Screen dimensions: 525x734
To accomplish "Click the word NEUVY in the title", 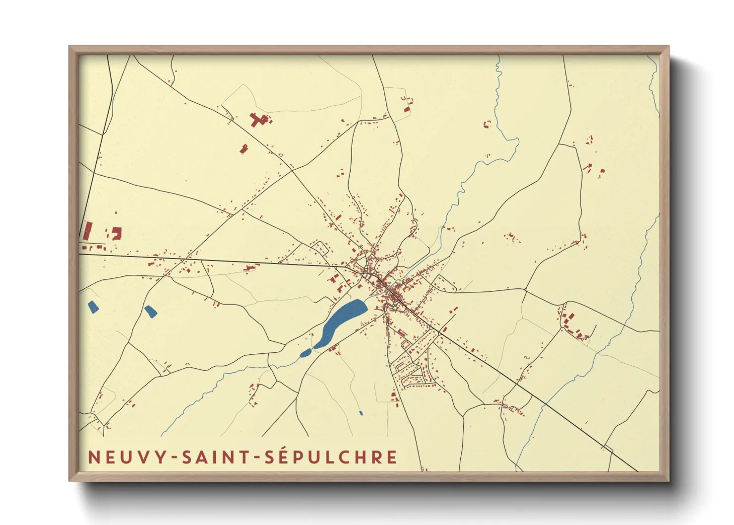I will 126,457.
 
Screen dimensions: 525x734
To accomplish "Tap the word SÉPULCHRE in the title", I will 331,457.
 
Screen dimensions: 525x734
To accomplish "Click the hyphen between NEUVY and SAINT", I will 174,458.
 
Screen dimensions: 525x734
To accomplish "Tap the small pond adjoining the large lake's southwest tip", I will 306,353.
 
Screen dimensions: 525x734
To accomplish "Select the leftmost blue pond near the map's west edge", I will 93,307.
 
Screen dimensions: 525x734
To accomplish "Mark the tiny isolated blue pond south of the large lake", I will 361,413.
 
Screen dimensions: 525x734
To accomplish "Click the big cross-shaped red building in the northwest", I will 258,120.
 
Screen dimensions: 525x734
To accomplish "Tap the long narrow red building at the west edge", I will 88,231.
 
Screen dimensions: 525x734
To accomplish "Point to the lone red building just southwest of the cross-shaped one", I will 244,148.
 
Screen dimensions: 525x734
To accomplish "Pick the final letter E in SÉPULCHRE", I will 392,457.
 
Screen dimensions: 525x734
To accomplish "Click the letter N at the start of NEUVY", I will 93,457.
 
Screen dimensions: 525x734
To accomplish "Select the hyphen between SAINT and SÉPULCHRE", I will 257,458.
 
